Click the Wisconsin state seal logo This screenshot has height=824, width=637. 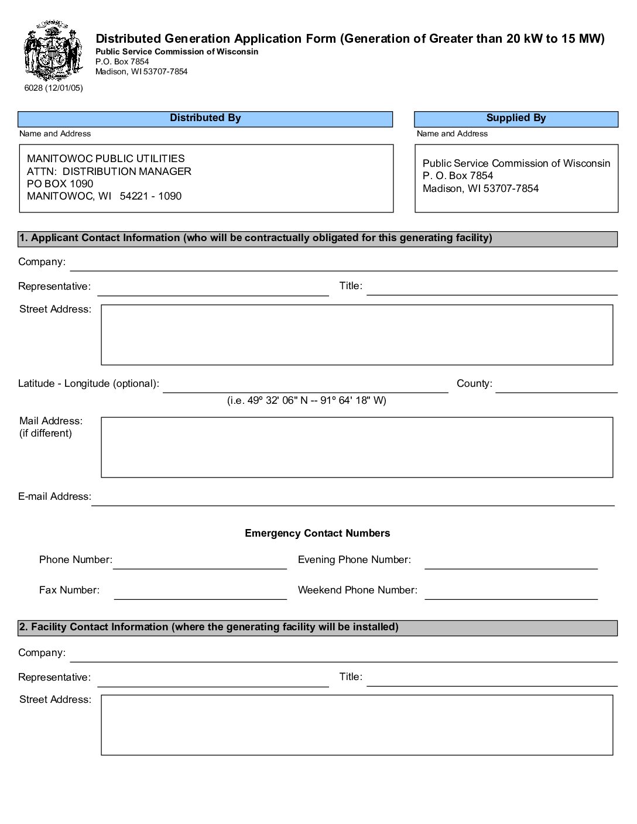pos(52,51)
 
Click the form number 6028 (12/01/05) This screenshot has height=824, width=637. pos(53,88)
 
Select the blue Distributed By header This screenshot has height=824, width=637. pos(205,118)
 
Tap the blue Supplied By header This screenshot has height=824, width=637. pos(516,118)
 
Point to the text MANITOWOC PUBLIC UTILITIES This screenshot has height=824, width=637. pos(105,159)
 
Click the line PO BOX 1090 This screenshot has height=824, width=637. pos(60,184)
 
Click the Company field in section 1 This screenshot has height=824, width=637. pos(344,264)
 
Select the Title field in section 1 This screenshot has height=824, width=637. pos(492,289)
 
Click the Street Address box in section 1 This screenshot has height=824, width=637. pos(357,335)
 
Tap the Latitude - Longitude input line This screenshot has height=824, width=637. pos(305,386)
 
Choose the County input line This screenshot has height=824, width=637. pos(556,386)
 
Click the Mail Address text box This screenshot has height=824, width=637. pos(357,447)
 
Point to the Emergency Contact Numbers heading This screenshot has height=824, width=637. pos(317,533)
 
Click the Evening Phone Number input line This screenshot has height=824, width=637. pos(511,562)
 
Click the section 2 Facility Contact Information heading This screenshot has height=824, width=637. pos(209,627)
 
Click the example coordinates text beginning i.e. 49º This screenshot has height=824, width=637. pos(307,400)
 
